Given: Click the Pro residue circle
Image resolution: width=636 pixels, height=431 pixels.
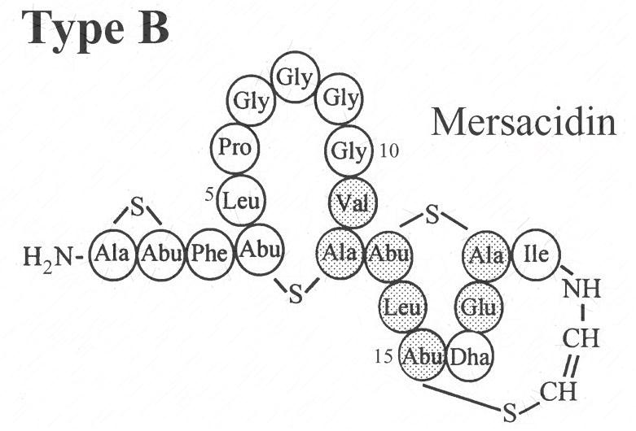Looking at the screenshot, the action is click(235, 148).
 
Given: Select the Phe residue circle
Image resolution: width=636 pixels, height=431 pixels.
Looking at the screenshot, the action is click(210, 254).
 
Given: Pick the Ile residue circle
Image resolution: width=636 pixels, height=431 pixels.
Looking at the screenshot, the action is click(537, 255).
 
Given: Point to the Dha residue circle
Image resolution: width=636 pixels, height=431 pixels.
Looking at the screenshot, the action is click(470, 356).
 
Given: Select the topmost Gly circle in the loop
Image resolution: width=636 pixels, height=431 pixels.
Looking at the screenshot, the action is click(295, 77).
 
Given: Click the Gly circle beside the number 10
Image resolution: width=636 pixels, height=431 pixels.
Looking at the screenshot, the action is click(349, 151).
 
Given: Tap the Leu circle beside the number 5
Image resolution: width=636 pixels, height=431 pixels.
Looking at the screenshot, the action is click(241, 200).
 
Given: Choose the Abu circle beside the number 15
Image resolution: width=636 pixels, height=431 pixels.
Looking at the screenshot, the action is click(423, 355).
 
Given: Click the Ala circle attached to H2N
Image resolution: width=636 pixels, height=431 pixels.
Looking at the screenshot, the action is click(112, 255).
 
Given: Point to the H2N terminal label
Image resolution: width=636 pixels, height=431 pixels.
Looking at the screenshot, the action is click(49, 258).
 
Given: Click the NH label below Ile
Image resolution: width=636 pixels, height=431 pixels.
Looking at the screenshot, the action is click(581, 290).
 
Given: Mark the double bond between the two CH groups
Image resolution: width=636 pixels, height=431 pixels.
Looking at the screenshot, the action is click(572, 367).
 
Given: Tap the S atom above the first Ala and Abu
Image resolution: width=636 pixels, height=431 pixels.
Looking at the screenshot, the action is click(138, 209).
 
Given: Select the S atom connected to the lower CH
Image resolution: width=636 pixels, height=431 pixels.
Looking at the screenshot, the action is click(510, 412).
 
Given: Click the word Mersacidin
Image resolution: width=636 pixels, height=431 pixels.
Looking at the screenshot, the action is click(524, 122).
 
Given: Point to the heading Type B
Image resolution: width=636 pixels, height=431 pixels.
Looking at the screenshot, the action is click(95, 28).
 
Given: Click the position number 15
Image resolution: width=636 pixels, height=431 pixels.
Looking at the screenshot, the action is click(384, 356).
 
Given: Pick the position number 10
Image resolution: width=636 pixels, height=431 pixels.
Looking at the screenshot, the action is click(389, 151).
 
